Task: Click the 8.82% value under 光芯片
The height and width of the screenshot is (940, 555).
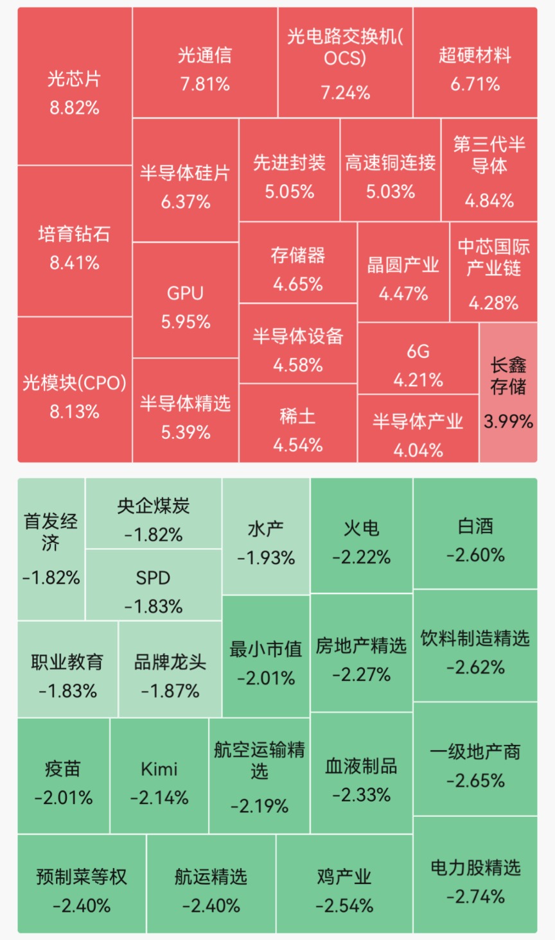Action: point(75,108)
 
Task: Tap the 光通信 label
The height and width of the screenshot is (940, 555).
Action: point(205,55)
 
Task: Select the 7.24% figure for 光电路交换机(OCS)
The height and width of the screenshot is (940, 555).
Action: point(346,93)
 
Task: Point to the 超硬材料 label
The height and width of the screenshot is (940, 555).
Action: point(475,55)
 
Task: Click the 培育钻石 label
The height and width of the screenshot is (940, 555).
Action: point(75,234)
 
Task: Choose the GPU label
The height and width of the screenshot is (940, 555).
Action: point(185,293)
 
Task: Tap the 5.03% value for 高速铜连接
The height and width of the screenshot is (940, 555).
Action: point(391,192)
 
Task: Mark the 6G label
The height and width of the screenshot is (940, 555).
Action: point(418,351)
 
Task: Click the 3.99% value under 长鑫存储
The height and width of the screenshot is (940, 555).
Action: point(508,422)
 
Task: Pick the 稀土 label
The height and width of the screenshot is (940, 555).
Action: point(297,416)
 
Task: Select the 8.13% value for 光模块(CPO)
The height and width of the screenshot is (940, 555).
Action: point(75,412)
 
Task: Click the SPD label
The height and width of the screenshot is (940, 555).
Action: point(153,578)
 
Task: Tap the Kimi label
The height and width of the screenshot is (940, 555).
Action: point(159,769)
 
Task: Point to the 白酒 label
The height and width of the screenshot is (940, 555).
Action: point(475,526)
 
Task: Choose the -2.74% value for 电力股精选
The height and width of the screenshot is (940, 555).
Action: point(475,897)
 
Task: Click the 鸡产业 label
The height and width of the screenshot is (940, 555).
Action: point(344,876)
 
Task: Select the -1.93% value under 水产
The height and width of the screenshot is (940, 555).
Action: point(266,558)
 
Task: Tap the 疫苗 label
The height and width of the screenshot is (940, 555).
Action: point(63,769)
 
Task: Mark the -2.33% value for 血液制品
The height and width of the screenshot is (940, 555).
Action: point(361,795)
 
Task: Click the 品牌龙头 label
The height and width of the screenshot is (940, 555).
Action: point(170,662)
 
